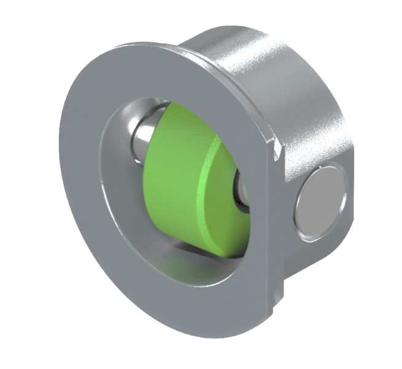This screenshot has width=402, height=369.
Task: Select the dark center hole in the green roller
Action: point(240,184)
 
